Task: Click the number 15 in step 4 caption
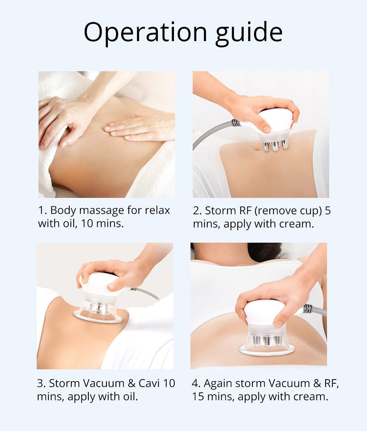(x=198, y=396)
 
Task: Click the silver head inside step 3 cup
(x=98, y=307)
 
